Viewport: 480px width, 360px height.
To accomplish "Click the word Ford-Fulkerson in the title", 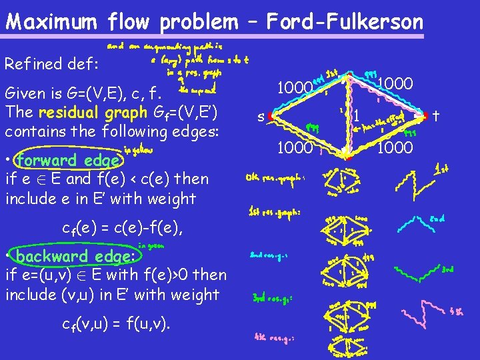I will [x=345, y=21].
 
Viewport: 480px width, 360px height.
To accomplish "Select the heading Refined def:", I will [x=51, y=64].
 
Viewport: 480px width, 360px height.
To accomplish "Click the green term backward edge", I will [x=75, y=257].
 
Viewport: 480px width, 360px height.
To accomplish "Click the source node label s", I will [x=262, y=117].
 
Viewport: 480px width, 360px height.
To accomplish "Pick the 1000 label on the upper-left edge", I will [x=295, y=87].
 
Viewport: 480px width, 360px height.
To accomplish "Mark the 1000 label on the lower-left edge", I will [x=295, y=147].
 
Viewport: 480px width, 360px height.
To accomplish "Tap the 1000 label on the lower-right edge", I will [x=395, y=147].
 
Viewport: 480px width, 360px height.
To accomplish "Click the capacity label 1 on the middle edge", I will [x=357, y=116].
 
